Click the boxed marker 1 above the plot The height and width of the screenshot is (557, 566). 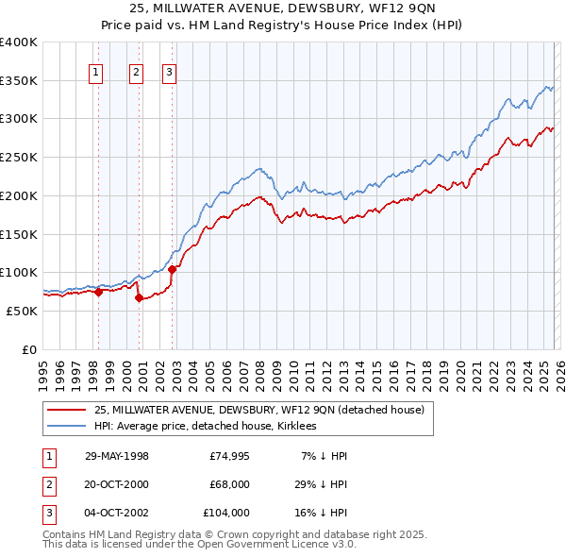(x=96, y=70)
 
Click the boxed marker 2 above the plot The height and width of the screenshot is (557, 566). (x=136, y=70)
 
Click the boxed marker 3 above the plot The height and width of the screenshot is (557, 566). (x=169, y=70)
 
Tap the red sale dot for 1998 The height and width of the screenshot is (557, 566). (x=98, y=292)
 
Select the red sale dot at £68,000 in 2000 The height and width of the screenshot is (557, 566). (x=139, y=297)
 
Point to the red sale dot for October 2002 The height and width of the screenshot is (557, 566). (x=172, y=269)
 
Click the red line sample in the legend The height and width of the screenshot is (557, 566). (x=67, y=410)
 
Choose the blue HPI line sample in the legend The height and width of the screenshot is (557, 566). (x=67, y=426)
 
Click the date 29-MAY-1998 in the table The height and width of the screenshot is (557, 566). (x=116, y=456)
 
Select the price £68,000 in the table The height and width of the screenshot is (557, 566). (x=226, y=484)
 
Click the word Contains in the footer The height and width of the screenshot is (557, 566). (x=67, y=534)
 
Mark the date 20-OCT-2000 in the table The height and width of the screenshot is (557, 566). (x=116, y=484)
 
